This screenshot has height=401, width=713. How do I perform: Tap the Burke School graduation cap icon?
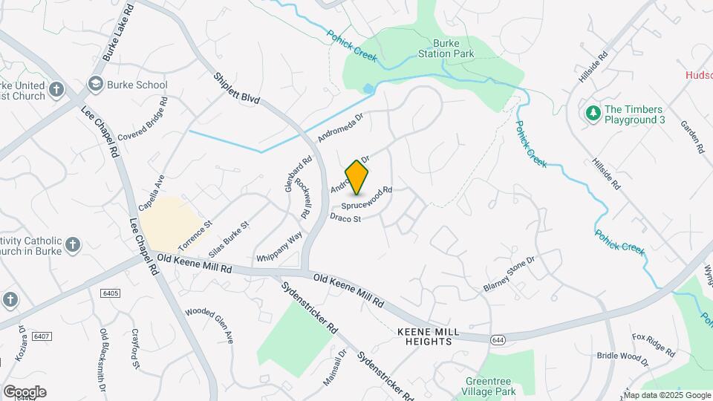tap(96, 85)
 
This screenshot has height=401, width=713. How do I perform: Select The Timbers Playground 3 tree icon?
tap(593, 113)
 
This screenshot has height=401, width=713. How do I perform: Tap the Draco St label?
tap(345, 218)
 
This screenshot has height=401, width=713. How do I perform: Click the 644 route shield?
tap(497, 339)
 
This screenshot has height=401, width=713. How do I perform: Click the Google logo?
tap(24, 391)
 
